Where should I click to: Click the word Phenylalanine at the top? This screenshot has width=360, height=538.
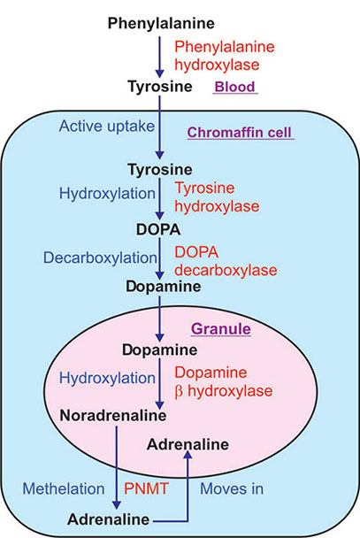click(x=160, y=21)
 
